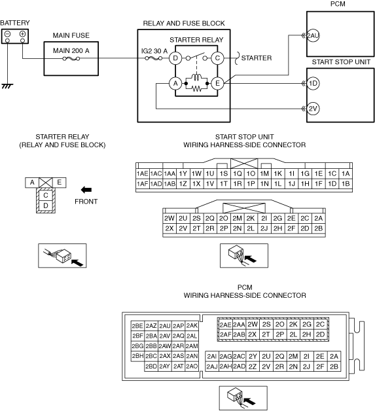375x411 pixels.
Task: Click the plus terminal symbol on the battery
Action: (22, 34)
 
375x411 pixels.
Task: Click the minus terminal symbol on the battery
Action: (8, 34)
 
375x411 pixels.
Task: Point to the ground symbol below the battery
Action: (7, 86)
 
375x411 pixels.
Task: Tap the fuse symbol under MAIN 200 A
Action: (71, 59)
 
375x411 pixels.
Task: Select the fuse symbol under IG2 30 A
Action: (154, 58)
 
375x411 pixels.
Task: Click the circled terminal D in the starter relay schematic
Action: (175, 58)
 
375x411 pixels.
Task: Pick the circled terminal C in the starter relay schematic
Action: (217, 58)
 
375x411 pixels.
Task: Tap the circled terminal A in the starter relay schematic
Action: (175, 84)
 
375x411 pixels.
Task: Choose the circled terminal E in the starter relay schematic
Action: (217, 84)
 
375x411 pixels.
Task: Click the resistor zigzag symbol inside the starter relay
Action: (196, 89)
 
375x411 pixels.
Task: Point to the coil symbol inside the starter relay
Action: (196, 77)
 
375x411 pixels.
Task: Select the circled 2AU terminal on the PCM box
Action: (313, 35)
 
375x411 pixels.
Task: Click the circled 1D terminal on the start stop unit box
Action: (313, 84)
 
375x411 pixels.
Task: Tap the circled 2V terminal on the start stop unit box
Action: (313, 109)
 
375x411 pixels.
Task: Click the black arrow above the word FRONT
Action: (86, 190)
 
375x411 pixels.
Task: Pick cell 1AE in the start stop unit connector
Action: (143, 174)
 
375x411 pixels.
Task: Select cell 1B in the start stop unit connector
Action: (346, 184)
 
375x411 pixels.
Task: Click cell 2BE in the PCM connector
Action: (137, 326)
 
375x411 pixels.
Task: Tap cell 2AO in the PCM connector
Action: (192, 366)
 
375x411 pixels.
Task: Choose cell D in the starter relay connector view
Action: (46, 205)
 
